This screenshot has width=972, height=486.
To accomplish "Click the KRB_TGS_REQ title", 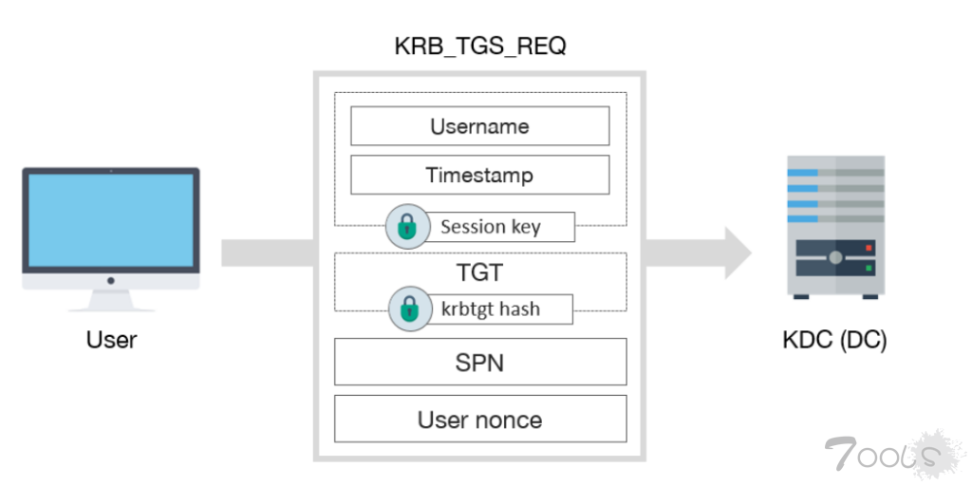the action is (480, 47).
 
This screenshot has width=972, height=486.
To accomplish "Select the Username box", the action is (479, 126).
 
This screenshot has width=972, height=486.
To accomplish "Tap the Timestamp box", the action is (479, 175).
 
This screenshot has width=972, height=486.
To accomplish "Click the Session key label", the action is (491, 227).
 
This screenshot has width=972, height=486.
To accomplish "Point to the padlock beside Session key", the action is (407, 227).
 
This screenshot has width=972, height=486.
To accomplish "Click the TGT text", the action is (479, 272).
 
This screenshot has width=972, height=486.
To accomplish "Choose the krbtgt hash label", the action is (491, 308).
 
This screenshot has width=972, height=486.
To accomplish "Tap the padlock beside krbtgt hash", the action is (410, 308).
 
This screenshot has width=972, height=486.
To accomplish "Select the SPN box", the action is (480, 362).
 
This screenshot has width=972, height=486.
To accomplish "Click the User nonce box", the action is (480, 419).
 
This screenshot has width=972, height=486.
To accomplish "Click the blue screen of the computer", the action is (111, 220).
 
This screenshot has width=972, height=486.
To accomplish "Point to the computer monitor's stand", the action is (111, 300).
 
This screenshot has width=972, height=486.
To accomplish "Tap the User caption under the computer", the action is (111, 340).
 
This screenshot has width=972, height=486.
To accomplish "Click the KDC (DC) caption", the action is (834, 341).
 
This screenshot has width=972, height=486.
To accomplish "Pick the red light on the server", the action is (869, 248).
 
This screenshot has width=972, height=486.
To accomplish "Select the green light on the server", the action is (869, 268).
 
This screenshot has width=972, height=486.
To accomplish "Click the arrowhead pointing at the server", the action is (738, 252).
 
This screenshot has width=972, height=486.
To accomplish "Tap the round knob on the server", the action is (835, 257).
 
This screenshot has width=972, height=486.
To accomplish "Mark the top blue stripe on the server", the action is (802, 173).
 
